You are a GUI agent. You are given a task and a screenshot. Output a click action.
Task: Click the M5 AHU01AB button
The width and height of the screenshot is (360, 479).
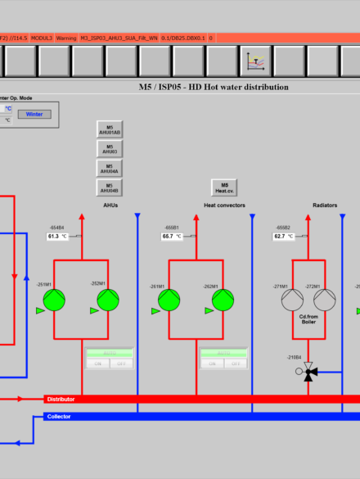coord(110,129)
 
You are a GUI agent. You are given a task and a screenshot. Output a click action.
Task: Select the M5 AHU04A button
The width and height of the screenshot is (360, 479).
coord(110,168)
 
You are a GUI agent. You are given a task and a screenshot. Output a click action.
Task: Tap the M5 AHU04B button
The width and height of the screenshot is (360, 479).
coord(110,187)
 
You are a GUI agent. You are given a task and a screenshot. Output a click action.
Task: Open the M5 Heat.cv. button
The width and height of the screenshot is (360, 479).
coord(224,188)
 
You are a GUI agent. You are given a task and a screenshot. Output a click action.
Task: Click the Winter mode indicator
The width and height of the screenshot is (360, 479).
coord(34,114)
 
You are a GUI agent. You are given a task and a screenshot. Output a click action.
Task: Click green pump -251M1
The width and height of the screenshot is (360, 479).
coord(54,301)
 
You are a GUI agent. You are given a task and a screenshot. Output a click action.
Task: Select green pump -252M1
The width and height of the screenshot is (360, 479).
coord(108,301)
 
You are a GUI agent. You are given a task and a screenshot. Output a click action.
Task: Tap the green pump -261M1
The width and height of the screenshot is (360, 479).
coord(169,301)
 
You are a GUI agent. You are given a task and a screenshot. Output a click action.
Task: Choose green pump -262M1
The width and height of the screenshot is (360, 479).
coord(223,301)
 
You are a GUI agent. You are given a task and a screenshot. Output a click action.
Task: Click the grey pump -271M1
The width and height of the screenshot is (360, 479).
coord(292,301)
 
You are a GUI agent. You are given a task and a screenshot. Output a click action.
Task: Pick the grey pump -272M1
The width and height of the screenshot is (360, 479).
coord(325,301)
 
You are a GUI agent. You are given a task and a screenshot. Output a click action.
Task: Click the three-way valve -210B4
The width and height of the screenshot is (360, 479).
coord(310,373)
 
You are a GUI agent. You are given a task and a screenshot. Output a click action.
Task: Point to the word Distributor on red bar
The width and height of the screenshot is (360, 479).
coord(61,399)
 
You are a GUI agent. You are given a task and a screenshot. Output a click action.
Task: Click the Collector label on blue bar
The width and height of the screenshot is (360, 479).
coord(59,416)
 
